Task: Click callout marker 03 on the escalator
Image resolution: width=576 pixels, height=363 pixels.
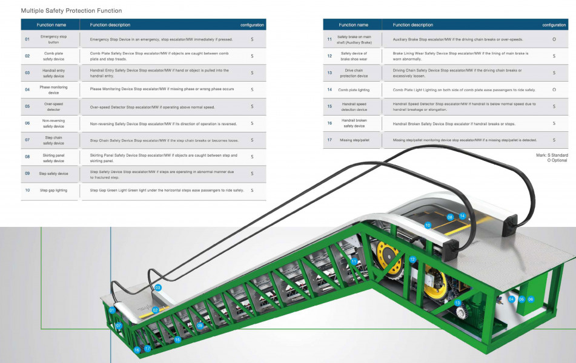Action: pyautogui.click(x=158, y=288)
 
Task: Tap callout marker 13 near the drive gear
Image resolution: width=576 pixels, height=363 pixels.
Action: pyautogui.click(x=458, y=302)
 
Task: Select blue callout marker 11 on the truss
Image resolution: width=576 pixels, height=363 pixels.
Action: pyautogui.click(x=354, y=261)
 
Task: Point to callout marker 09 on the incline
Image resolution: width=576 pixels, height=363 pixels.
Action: pyautogui.click(x=200, y=325)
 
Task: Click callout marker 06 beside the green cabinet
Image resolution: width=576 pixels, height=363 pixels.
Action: pyautogui.click(x=531, y=299)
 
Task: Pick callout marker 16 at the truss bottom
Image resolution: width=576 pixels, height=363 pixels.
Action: pyautogui.click(x=137, y=350)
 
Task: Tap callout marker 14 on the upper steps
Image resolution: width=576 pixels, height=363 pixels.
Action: pyautogui.click(x=462, y=216)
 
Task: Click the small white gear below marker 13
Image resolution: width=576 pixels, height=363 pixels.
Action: pyautogui.click(x=460, y=315)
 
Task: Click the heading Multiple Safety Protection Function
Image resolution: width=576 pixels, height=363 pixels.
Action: pyautogui.click(x=71, y=11)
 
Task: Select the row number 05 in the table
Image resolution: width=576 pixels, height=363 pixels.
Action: pyautogui.click(x=27, y=106)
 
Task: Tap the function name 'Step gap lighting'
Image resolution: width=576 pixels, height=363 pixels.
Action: pyautogui.click(x=53, y=190)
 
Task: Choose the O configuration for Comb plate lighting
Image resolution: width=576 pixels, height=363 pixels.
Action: pyautogui.click(x=554, y=90)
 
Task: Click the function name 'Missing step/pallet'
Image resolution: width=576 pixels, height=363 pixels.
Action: pyautogui.click(x=354, y=140)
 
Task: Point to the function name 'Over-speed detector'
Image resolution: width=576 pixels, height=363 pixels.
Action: pyautogui.click(x=53, y=106)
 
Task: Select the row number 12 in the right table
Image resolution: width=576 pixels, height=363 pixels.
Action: pyautogui.click(x=329, y=56)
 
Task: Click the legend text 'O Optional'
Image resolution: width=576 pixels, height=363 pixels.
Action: pyautogui.click(x=557, y=160)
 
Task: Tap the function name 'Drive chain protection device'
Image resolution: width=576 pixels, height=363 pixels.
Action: pyautogui.click(x=354, y=73)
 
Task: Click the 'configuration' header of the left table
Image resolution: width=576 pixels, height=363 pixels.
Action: pyautogui.click(x=252, y=25)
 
